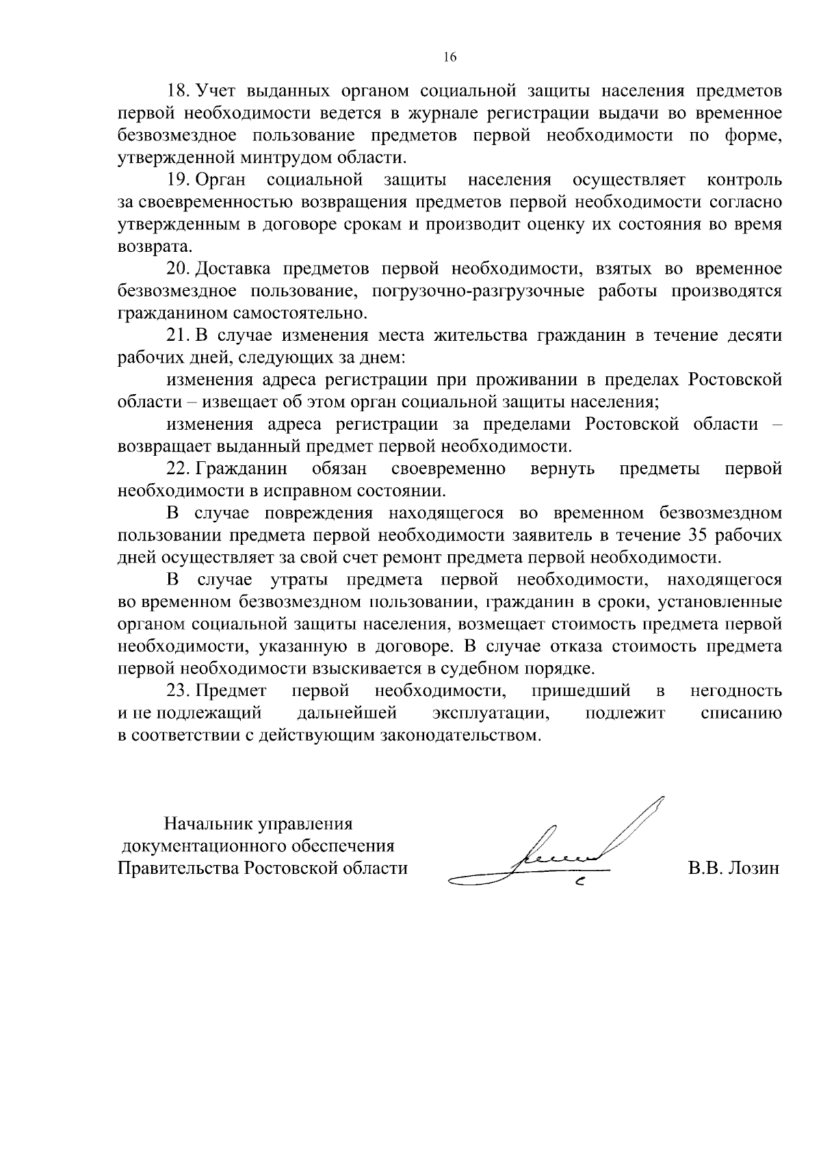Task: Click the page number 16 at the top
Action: click(449, 57)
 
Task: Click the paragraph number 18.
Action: click(179, 91)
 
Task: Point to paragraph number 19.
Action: click(179, 181)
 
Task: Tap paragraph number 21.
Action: click(179, 336)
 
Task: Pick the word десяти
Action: click(753, 336)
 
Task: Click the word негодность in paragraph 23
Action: click(736, 691)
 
